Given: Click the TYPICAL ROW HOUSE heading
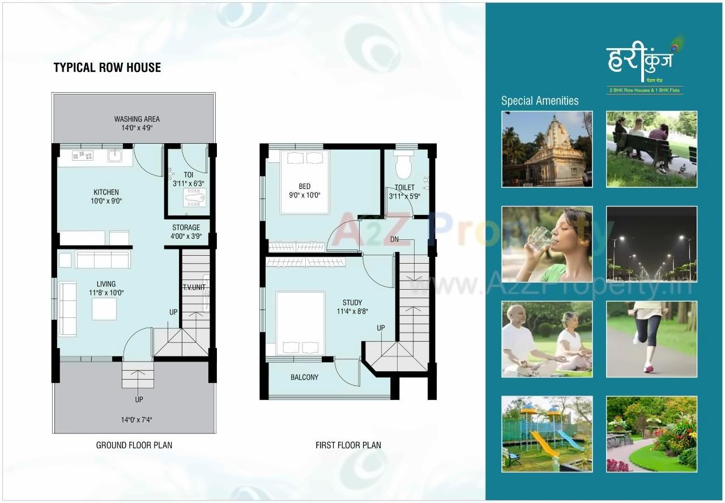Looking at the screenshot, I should pos(107,68).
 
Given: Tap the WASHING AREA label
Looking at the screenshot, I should pos(137,119).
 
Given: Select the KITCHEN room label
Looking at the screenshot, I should pos(106,192).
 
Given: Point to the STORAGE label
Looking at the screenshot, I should pos(186,227).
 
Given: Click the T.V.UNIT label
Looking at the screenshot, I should pos(194,287).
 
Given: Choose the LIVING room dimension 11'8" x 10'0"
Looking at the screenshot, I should pos(106,293).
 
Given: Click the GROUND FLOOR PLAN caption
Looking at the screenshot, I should pos(134,445).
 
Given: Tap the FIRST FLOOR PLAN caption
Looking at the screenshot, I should pos(348,445).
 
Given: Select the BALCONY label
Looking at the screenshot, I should pos(305,377).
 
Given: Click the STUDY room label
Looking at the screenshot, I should pos(352,303).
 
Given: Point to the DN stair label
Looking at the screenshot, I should pos(394,239).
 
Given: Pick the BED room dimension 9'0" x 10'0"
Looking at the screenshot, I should pos(305,196).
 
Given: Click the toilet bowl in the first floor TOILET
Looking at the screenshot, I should pos(403,167).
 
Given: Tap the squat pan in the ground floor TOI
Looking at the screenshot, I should pos(195,197).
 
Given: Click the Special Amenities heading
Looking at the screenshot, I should pos(540,101).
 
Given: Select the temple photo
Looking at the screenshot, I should pos(547,149).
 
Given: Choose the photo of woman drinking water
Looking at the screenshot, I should pos(547,244).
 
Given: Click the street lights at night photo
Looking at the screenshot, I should pos(651,244).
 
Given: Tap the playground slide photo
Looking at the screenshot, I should pos(547,434).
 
